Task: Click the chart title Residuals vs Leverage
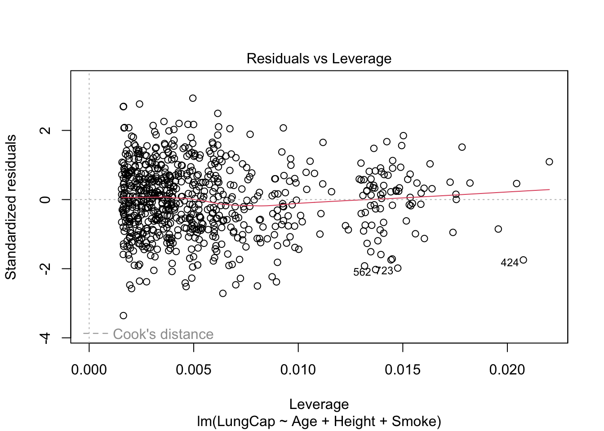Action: pyautogui.click(x=319, y=59)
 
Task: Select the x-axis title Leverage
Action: pyautogui.click(x=319, y=404)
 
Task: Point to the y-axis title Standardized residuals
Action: pyautogui.click(x=11, y=207)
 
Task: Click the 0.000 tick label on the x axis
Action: pyautogui.click(x=89, y=370)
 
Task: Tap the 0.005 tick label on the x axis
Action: pyautogui.click(x=194, y=370)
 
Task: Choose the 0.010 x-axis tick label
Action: pyautogui.click(x=298, y=370)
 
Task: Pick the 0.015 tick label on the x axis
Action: pyautogui.click(x=403, y=370)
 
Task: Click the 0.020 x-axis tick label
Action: pyautogui.click(x=507, y=370)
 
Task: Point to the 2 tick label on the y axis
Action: pyautogui.click(x=45, y=130)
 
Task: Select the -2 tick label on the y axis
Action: pyautogui.click(x=45, y=268)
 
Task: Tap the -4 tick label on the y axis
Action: pyautogui.click(x=45, y=338)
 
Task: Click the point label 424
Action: pyautogui.click(x=509, y=263)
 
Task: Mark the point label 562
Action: pyautogui.click(x=362, y=273)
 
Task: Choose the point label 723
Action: pyautogui.click(x=384, y=271)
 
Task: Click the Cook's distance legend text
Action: pyautogui.click(x=163, y=334)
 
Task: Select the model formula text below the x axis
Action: pyautogui.click(x=319, y=422)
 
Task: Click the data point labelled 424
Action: pyautogui.click(x=523, y=260)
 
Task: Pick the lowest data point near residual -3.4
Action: pyautogui.click(x=123, y=316)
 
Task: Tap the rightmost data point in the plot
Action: pyautogui.click(x=549, y=162)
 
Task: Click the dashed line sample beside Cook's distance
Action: pyautogui.click(x=96, y=334)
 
